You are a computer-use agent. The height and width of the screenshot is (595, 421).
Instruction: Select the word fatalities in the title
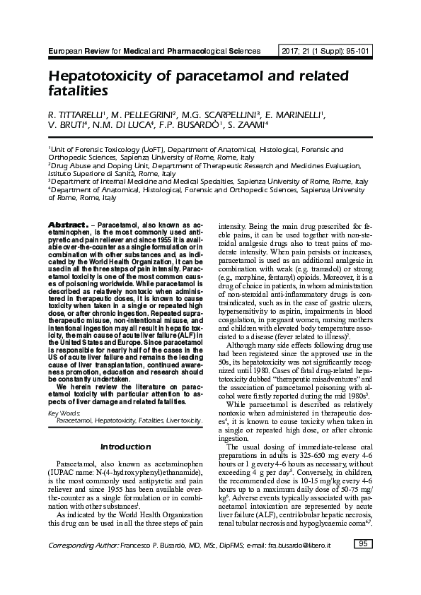pos(78,90)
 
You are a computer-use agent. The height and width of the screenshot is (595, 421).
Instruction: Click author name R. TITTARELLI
pos(74,114)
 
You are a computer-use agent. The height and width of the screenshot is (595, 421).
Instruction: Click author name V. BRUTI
pos(67,126)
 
